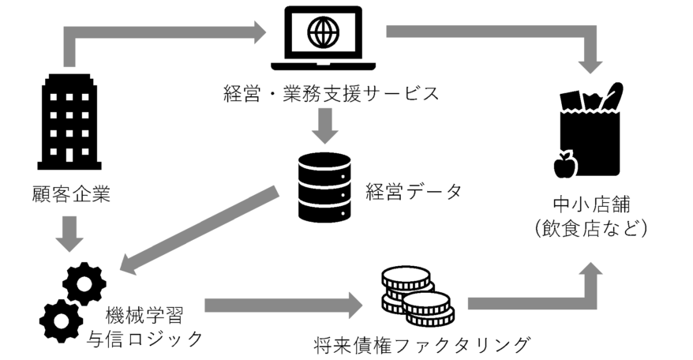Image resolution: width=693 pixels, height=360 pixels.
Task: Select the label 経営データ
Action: pos(413,191)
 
